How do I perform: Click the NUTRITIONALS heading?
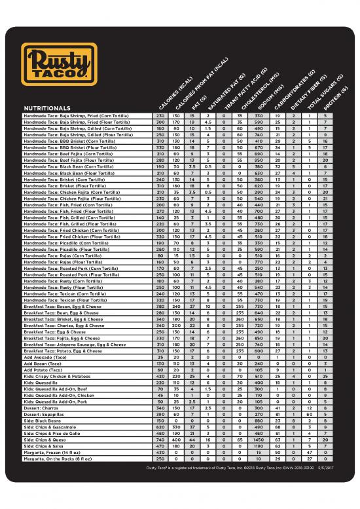(x=47, y=107)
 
